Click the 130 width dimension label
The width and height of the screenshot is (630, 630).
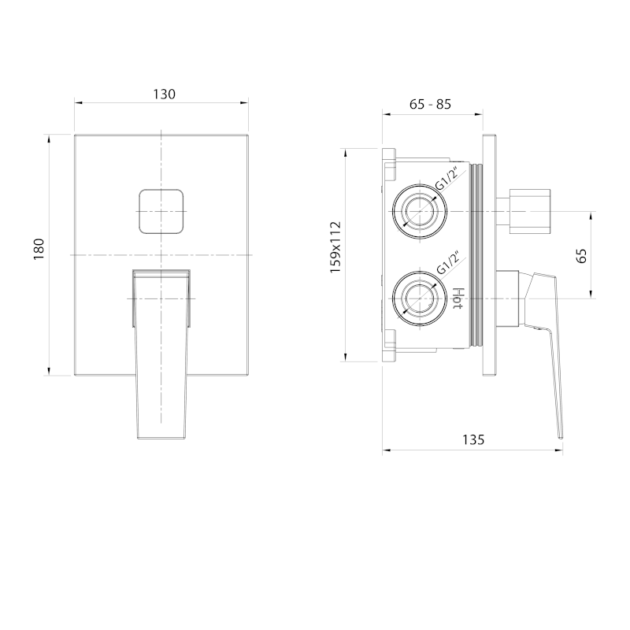point(163,93)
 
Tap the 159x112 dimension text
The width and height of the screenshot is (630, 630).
point(335,246)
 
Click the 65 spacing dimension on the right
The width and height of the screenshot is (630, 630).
point(582,255)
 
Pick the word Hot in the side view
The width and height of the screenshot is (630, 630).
point(458,300)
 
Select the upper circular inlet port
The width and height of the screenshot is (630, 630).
point(419,211)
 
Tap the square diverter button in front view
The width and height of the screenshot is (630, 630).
point(161,211)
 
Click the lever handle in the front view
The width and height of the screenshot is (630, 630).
point(161,354)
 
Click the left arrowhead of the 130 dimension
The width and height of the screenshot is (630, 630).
point(78,102)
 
